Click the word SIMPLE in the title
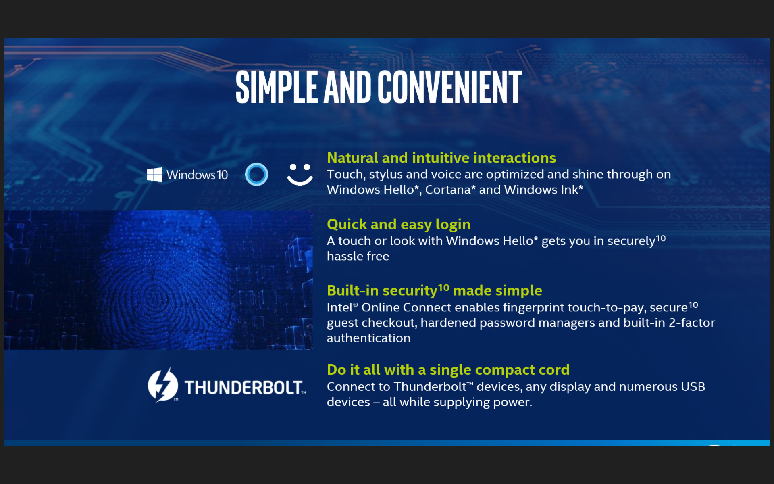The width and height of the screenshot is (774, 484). click(277, 87)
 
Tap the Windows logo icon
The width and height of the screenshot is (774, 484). click(154, 175)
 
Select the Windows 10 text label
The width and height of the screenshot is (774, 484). click(197, 175)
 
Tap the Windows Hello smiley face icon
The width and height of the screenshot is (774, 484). click(300, 174)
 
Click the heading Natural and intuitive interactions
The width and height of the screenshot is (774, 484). click(441, 158)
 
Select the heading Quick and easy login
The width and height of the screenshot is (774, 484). click(399, 224)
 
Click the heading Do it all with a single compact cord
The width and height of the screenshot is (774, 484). click(448, 370)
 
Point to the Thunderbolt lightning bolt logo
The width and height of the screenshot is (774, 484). click(162, 385)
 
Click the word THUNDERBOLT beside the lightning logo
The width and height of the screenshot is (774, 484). click(244, 388)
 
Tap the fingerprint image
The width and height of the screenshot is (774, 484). click(158, 280)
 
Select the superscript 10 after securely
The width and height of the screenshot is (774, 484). click(661, 238)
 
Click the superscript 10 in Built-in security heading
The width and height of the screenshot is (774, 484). click(444, 288)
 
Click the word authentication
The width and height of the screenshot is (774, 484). click(368, 338)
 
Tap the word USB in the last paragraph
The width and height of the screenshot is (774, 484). click(693, 386)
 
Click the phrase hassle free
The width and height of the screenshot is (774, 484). click(358, 256)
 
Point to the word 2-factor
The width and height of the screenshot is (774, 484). click(692, 323)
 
